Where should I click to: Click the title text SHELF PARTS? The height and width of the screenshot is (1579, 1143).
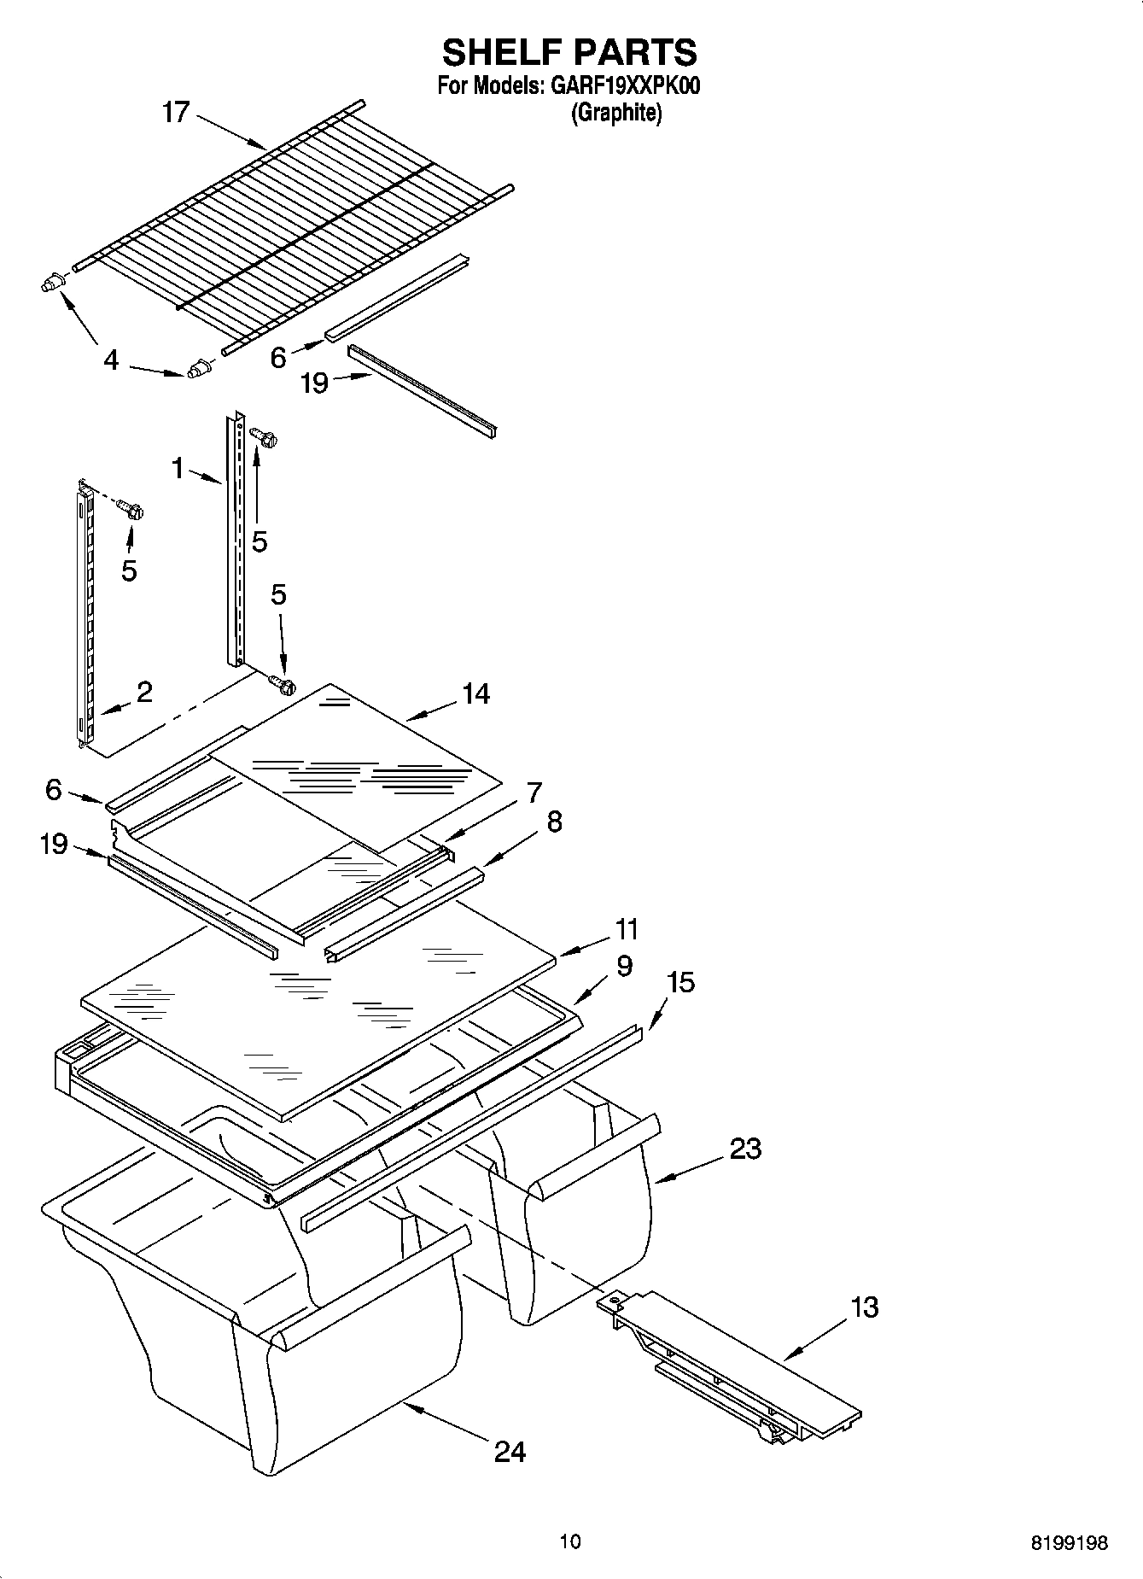(569, 52)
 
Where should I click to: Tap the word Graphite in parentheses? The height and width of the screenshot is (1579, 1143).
(615, 113)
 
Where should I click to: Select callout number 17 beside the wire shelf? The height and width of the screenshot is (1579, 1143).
(175, 113)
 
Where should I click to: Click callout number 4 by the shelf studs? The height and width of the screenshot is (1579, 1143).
(111, 360)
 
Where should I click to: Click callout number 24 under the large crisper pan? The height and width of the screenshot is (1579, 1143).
(510, 1451)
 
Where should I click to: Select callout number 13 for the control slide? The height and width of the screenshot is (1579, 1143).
(865, 1307)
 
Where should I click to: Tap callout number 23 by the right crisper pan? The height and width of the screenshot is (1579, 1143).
(745, 1149)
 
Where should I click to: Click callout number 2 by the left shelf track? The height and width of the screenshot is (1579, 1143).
(144, 692)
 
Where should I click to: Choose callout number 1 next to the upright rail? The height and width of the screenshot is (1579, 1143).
(178, 468)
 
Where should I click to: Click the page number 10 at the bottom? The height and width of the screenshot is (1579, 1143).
(570, 1541)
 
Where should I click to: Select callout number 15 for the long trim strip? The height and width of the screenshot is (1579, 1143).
(680, 982)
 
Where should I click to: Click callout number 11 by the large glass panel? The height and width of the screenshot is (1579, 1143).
(626, 929)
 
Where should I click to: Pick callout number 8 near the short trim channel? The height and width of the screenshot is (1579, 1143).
(554, 822)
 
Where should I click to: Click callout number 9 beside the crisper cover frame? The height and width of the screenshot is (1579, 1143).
(624, 966)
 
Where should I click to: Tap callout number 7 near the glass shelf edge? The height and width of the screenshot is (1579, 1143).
(534, 792)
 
